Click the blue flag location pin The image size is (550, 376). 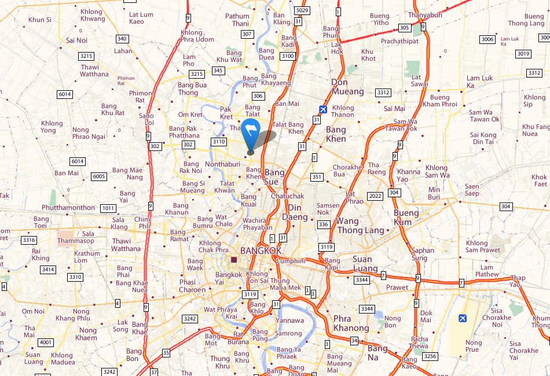pyautogui.click(x=251, y=134)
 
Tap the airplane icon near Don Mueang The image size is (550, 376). pyautogui.click(x=323, y=109)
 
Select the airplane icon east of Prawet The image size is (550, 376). pyautogui.click(x=462, y=318)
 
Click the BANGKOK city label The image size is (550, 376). pyautogui.click(x=261, y=250)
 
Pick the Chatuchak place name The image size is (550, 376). pyautogui.click(x=287, y=196)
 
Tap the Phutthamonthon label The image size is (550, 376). pyautogui.click(x=68, y=207)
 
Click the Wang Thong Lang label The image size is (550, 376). pyautogui.click(x=360, y=226)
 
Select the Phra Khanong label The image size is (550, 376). pyautogui.click(x=351, y=323)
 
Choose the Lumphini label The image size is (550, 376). pyautogui.click(x=291, y=261)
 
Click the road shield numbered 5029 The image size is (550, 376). pyautogui.click(x=302, y=10)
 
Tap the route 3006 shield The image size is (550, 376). pyautogui.click(x=487, y=39)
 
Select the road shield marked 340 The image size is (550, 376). pyautogui.click(x=122, y=39)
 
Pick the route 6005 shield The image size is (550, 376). pyautogui.click(x=99, y=176)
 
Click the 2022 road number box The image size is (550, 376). pyautogui.click(x=375, y=196)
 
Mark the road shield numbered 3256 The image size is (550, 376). pyautogui.click(x=430, y=356)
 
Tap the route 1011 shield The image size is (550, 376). pyautogui.click(x=108, y=208)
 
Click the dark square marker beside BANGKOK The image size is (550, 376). pyautogui.click(x=234, y=260)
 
